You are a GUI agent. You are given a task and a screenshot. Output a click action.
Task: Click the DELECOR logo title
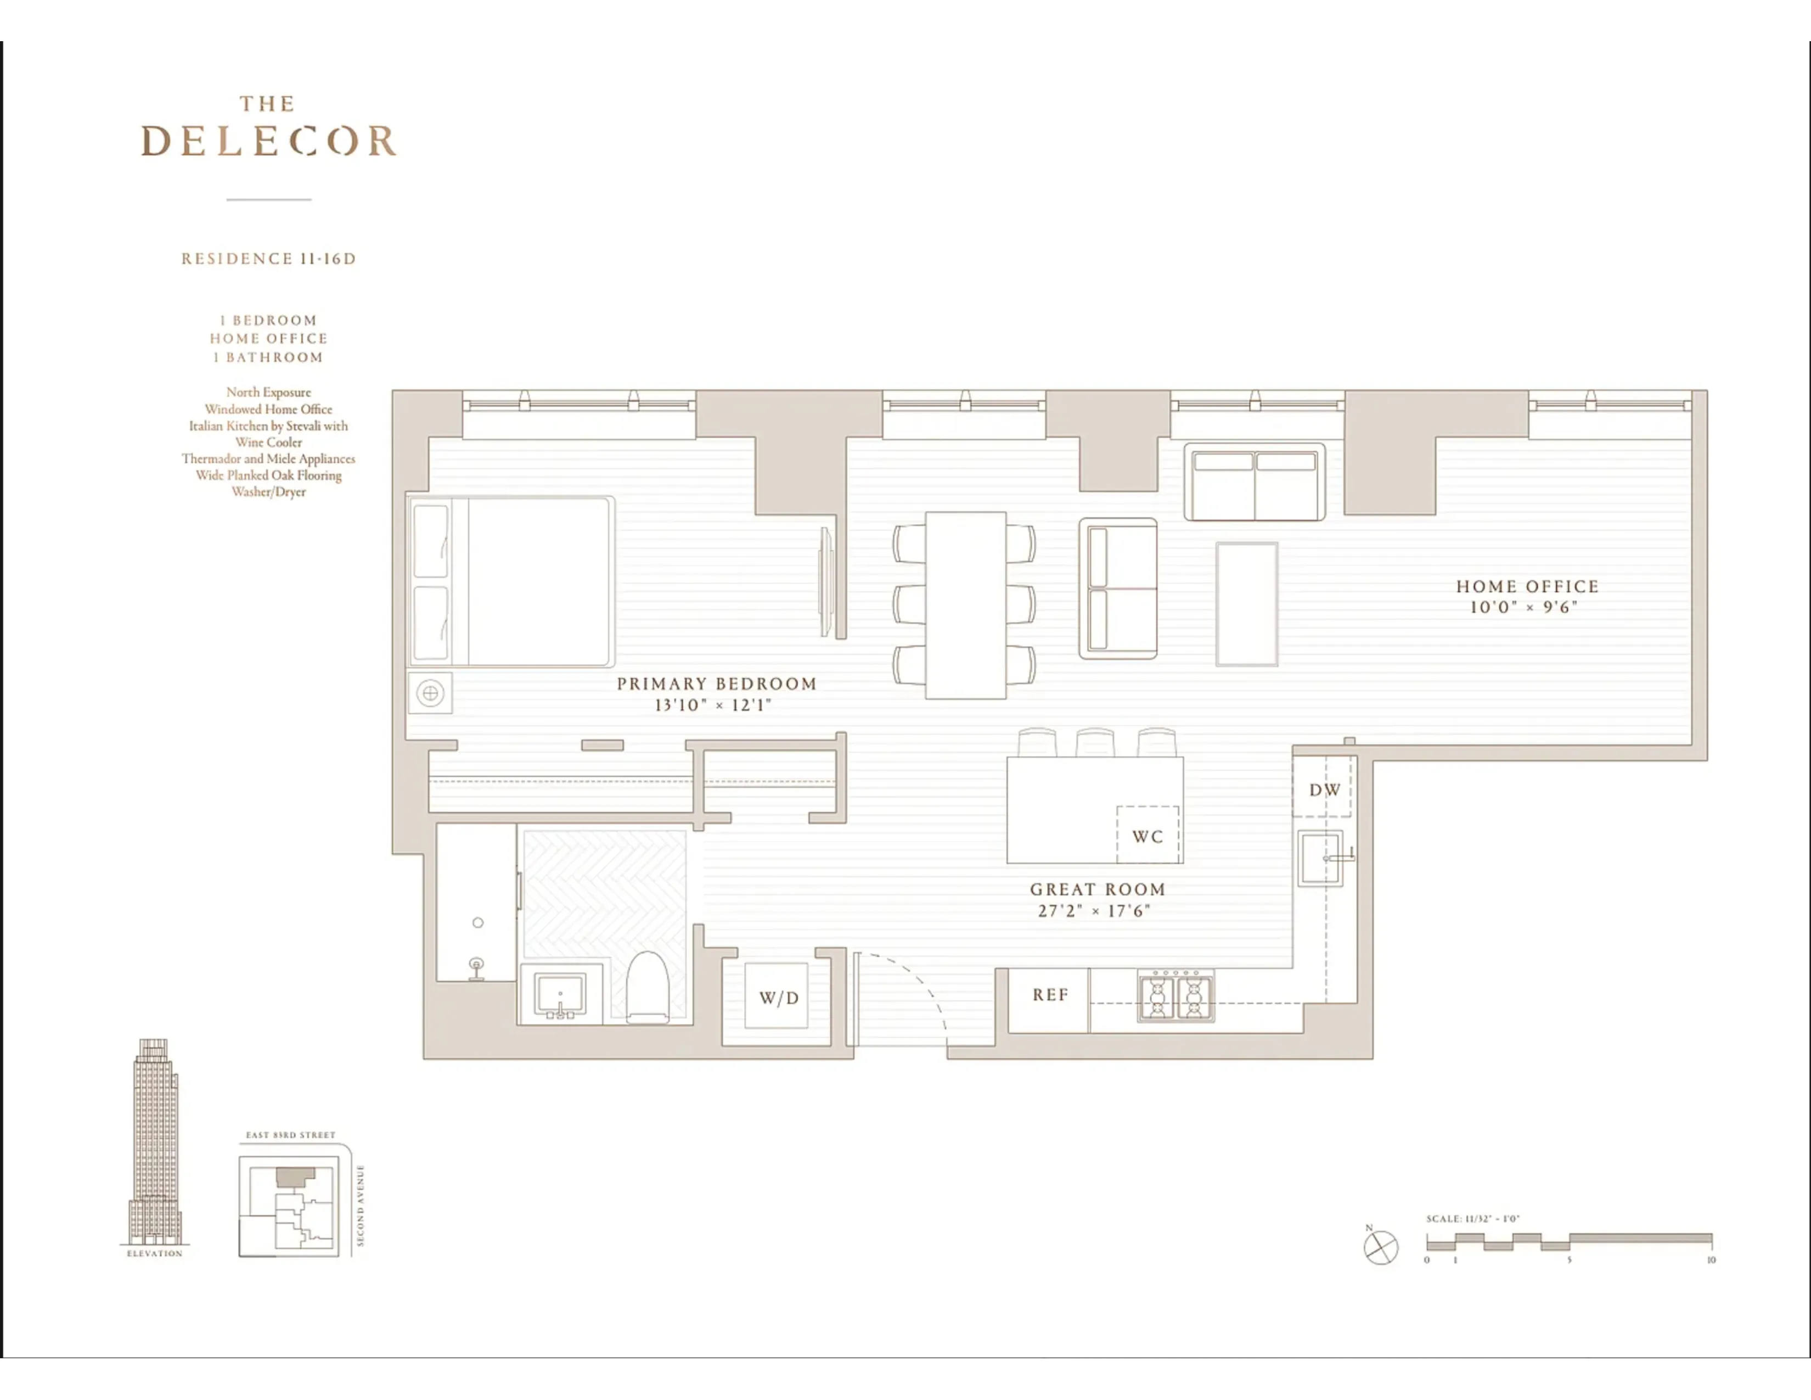tap(269, 141)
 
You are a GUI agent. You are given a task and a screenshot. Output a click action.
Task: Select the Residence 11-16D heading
tap(269, 259)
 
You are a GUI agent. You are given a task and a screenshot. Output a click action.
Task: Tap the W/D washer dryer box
tap(777, 997)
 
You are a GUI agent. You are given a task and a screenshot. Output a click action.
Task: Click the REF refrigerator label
tap(1050, 994)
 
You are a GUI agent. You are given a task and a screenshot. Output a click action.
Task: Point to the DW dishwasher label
tap(1324, 789)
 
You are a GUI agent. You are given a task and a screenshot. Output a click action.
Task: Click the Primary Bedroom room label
tap(716, 684)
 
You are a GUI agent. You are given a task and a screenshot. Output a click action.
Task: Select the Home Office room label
tap(1527, 586)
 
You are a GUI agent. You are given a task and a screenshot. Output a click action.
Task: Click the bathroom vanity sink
tap(560, 993)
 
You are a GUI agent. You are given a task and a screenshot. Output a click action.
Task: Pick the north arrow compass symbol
tap(1381, 1247)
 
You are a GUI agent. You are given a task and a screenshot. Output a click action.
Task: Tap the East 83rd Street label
tap(290, 1135)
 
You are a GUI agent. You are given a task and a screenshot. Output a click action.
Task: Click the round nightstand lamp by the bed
tap(430, 692)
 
